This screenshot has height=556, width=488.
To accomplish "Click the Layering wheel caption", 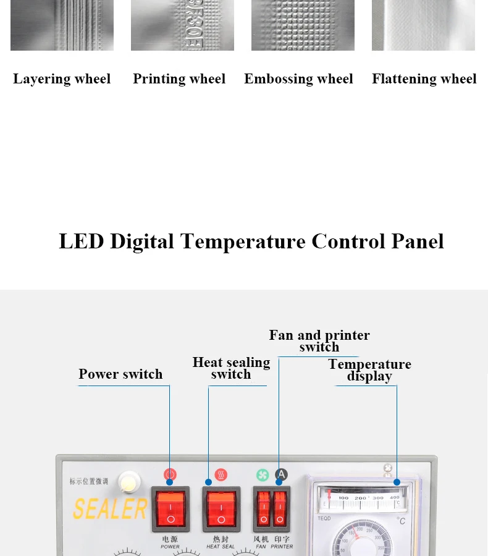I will pos(62,79).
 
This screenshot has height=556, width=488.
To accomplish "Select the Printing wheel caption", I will pos(179,79).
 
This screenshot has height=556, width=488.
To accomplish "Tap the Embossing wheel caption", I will pos(298,79).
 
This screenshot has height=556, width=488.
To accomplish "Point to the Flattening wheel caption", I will pos(424,79).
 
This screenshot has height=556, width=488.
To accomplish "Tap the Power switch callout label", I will pos(120,374).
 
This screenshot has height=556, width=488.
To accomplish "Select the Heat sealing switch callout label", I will pos(231,368).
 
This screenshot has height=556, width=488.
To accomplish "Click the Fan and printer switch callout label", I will pos(319,341).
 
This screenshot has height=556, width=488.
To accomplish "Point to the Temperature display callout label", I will pos(369,370).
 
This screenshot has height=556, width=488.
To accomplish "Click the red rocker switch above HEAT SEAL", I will pos(221,508).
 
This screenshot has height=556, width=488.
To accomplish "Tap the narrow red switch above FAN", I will pos(263,508).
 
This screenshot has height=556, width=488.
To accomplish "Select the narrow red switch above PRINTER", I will pos(280,508).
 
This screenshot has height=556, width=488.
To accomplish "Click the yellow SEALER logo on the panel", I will pos(110,509).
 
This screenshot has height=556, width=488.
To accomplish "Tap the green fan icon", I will pos(263,475).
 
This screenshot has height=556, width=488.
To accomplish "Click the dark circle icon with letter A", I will pos(281,474).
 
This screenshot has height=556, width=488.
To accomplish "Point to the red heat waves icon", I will pos(221,475).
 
